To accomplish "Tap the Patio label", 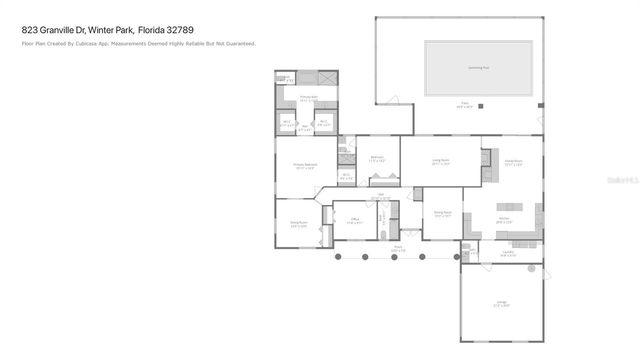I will point(465,104).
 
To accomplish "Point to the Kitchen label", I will point(505,218).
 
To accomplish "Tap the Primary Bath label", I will point(308,98).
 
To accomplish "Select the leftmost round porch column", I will point(337,257).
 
